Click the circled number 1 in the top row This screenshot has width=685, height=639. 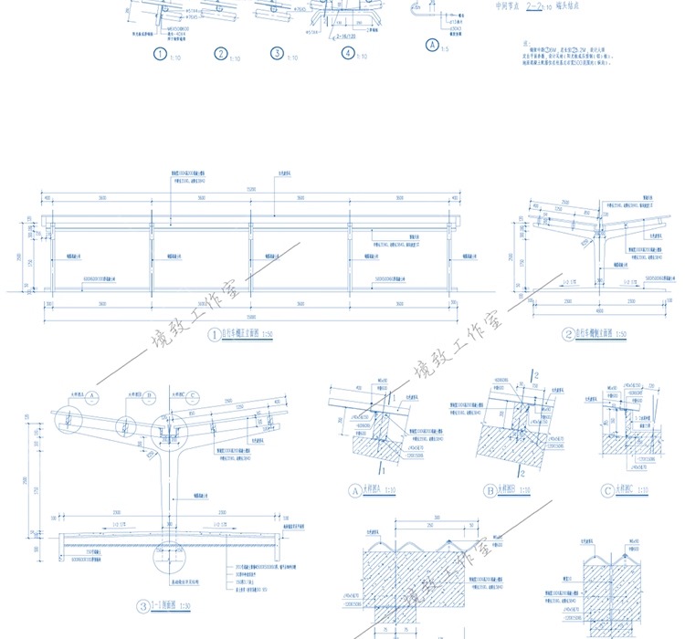coord(161,54)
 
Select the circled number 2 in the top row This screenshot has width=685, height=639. coord(222,54)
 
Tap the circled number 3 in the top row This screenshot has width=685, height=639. coord(278,54)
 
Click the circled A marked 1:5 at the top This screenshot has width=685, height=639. coord(432,44)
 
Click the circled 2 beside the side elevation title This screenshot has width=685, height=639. coord(567,335)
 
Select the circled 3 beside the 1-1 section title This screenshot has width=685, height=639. coord(142,605)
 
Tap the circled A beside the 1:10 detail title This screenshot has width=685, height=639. coord(356,490)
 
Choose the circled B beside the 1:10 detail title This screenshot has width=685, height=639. coord(490,490)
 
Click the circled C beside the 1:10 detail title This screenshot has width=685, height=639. coord(607,490)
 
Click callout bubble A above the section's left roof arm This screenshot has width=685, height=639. coord(92,395)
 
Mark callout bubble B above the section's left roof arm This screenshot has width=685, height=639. coord(149,395)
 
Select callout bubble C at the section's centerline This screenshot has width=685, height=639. coord(193,395)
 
